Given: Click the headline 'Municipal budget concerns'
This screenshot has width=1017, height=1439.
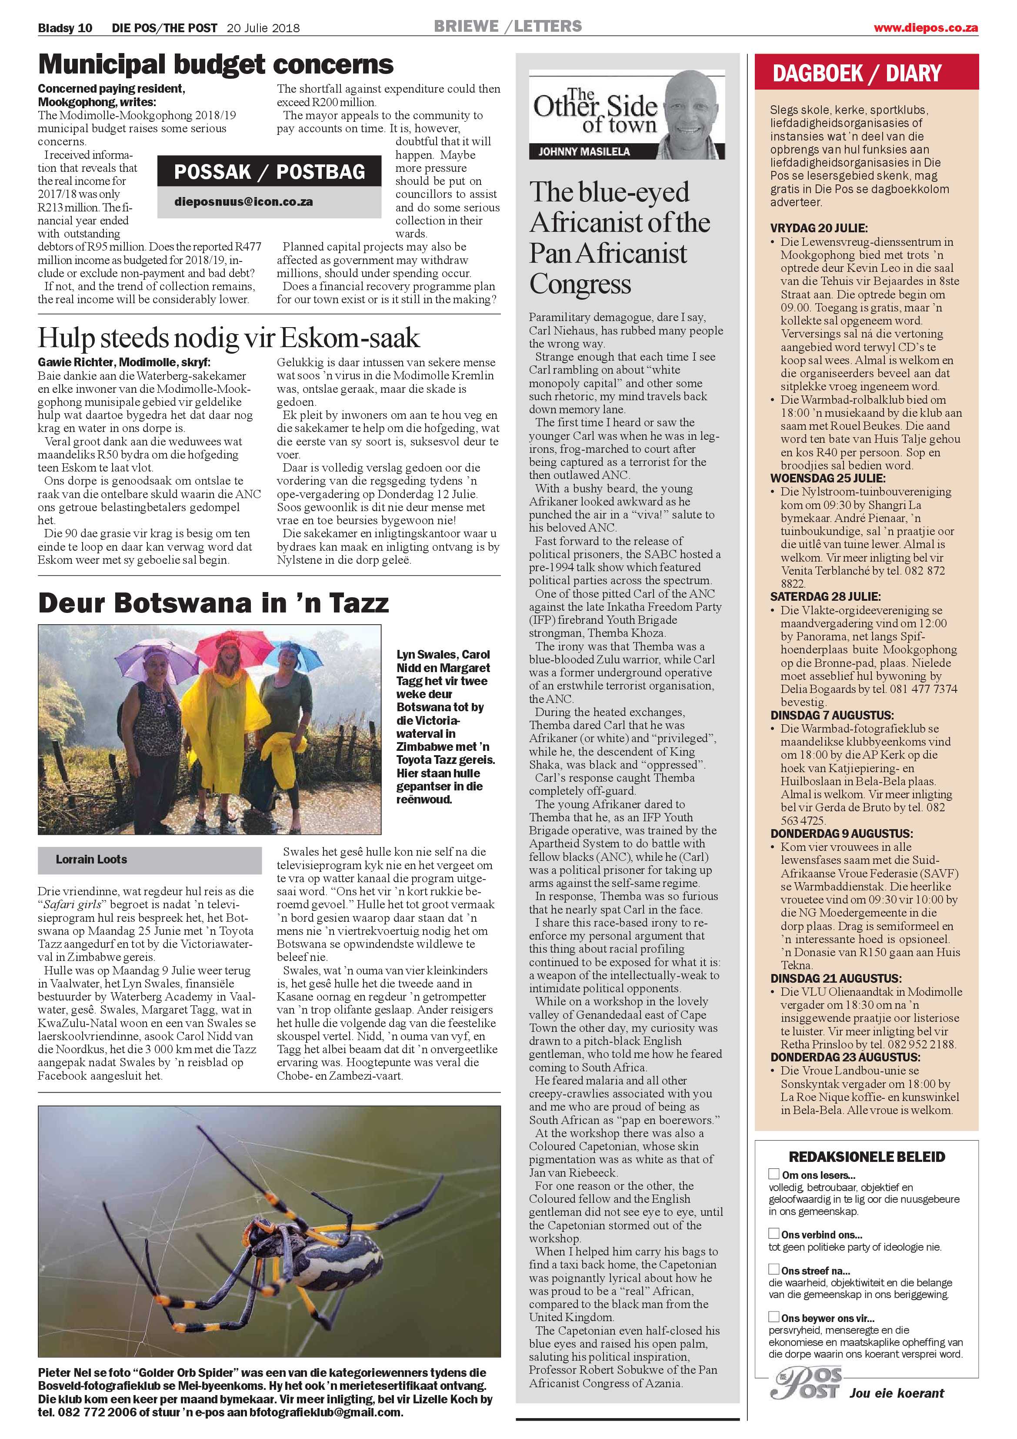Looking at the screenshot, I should pyautogui.click(x=216, y=64).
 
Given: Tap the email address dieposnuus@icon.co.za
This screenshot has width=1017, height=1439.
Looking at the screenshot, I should pyautogui.click(x=244, y=202).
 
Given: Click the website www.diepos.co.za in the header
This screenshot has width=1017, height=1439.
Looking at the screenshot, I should pyautogui.click(x=926, y=27).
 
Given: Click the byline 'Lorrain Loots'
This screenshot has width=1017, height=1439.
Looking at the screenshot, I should pyautogui.click(x=91, y=859).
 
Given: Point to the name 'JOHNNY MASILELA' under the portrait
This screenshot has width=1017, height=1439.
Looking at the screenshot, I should pyautogui.click(x=584, y=151).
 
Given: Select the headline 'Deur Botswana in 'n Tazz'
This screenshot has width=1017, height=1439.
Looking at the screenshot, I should pyautogui.click(x=213, y=603).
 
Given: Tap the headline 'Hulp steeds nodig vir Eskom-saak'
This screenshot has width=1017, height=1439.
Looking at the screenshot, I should pyautogui.click(x=228, y=338).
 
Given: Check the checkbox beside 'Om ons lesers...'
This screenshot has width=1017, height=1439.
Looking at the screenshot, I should pyautogui.click(x=774, y=1174).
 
